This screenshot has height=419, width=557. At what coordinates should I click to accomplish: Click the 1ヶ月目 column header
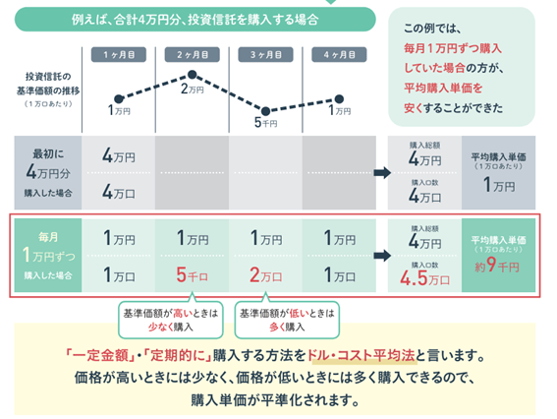118,53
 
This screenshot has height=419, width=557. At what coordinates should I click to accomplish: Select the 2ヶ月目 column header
193,53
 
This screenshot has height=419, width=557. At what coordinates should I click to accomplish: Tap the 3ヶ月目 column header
265,53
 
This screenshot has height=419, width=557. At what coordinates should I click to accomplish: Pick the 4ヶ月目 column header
338,53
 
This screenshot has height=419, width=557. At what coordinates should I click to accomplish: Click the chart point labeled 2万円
193,75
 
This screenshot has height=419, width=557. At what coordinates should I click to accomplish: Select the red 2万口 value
265,274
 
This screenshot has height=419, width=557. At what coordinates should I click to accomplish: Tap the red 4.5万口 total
423,276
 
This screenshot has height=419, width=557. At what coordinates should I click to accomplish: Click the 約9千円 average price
503,265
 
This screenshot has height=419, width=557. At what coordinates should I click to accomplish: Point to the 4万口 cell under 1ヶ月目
119,193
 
